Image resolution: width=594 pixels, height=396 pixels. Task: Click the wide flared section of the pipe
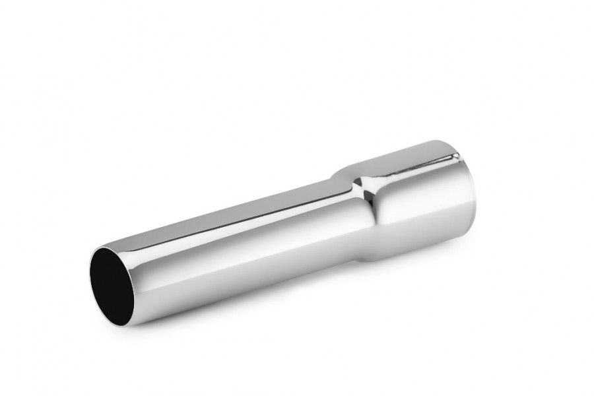(422, 198)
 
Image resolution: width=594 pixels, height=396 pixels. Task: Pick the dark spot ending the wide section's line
(457, 156)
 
